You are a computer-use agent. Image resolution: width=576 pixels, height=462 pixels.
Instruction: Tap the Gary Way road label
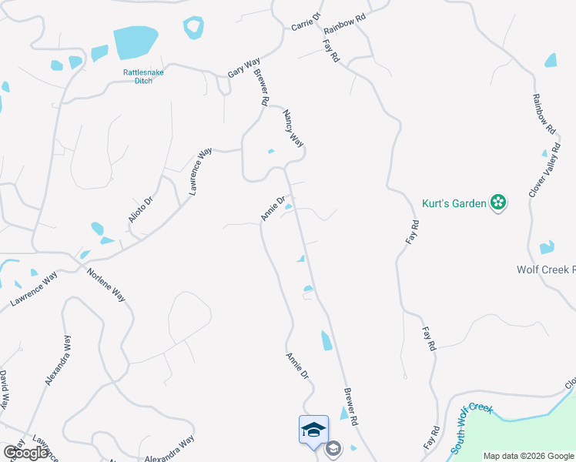coord(244,68)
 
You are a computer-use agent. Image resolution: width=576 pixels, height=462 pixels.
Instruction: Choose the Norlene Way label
coord(106,284)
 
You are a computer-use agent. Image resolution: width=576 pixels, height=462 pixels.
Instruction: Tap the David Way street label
coord(5,390)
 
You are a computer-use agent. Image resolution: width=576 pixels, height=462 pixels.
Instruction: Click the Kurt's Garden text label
coord(454,203)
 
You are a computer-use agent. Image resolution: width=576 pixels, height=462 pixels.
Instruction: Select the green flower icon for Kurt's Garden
coord(499,203)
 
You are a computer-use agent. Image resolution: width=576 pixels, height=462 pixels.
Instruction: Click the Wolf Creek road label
coord(545,269)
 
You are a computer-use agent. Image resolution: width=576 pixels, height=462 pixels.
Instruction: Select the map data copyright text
coord(527,456)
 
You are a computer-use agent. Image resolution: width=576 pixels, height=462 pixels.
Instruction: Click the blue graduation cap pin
coord(313,430)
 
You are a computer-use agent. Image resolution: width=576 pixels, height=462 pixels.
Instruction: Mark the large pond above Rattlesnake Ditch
coord(136,43)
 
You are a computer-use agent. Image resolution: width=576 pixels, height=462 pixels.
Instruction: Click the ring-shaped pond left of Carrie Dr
coord(193,28)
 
